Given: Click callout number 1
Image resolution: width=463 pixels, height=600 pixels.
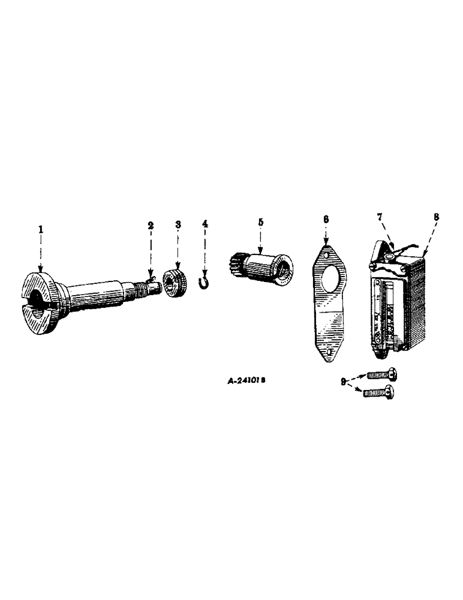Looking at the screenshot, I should click(40, 230).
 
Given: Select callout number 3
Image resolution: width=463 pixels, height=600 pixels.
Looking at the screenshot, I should click(178, 224).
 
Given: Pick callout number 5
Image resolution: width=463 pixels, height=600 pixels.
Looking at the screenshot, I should click(260, 221).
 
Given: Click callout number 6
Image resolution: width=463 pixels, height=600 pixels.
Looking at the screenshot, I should click(326, 220).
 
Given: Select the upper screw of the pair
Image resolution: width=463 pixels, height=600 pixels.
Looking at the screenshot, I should click(381, 375).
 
